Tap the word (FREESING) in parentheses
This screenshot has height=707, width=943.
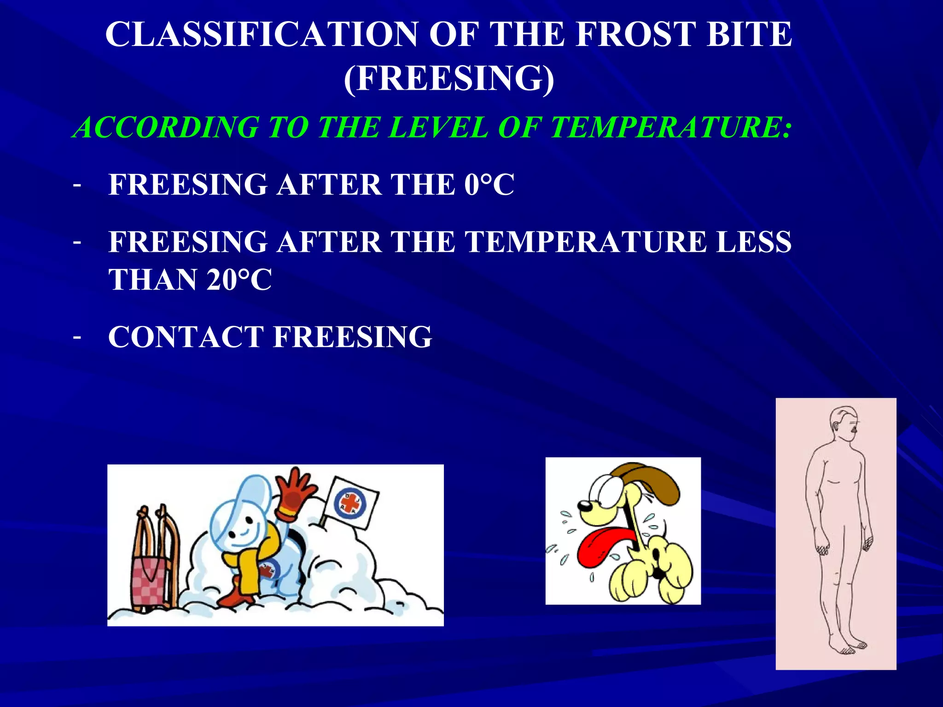[449, 78]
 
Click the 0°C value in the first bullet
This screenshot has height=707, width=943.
[489, 185]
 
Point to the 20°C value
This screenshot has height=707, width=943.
[239, 280]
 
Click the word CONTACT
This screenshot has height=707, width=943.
[186, 336]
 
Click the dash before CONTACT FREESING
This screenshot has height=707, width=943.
[77, 337]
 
